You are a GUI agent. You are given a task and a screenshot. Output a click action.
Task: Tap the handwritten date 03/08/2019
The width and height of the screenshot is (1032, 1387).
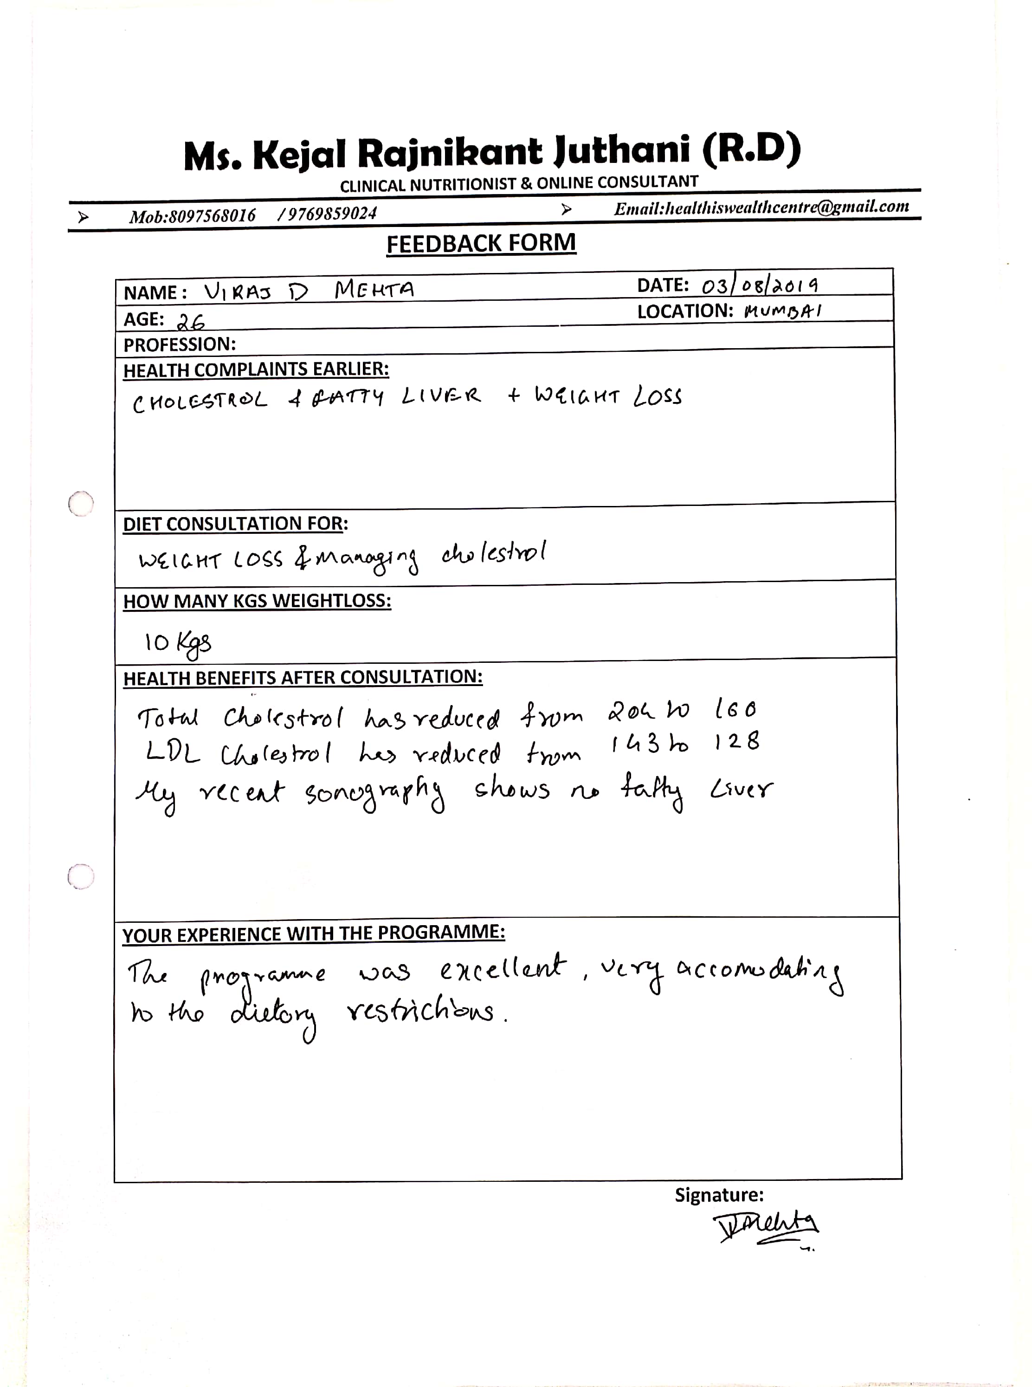(x=759, y=285)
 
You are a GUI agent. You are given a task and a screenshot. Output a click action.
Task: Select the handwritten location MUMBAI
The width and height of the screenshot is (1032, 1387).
(x=783, y=311)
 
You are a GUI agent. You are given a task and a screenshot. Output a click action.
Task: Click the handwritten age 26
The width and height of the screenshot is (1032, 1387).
(x=191, y=322)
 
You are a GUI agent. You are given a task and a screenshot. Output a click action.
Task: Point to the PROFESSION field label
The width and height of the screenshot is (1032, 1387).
(x=179, y=344)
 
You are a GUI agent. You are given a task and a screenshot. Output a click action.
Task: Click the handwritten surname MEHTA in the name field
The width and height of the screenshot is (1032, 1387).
(x=374, y=290)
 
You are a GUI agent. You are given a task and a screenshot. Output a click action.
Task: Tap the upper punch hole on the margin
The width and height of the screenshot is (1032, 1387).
(x=81, y=503)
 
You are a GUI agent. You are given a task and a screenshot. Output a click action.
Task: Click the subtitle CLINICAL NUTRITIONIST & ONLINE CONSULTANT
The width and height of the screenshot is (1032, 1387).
(x=518, y=184)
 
